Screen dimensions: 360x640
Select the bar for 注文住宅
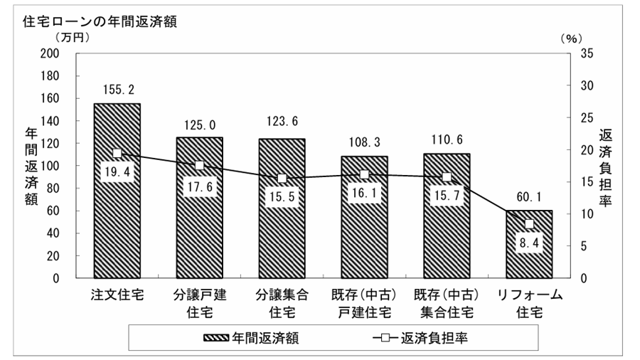tap(117, 213)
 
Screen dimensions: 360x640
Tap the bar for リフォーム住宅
tap(529, 256)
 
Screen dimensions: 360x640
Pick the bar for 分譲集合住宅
tap(282, 228)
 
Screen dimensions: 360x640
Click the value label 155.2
tap(117, 90)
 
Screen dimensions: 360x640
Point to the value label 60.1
tap(529, 197)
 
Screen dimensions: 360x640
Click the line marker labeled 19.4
tap(117, 153)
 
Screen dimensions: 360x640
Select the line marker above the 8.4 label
tap(529, 224)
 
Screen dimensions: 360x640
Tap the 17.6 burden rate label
tap(200, 187)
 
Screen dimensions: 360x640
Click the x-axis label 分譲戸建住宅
tap(200, 302)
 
